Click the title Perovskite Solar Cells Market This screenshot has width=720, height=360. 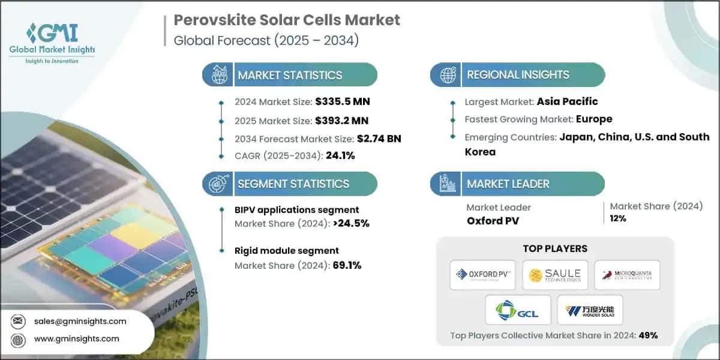pyautogui.click(x=287, y=20)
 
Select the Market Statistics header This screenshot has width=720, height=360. pyautogui.click(x=290, y=75)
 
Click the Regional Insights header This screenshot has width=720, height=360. pyautogui.click(x=518, y=75)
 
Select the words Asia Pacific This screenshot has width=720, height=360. pyautogui.click(x=567, y=101)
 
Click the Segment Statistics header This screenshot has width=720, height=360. pyautogui.click(x=293, y=184)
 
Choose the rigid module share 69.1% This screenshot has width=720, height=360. pyautogui.click(x=347, y=265)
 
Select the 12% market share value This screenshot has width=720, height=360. pyautogui.click(x=618, y=218)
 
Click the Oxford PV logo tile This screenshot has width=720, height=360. pyautogui.click(x=483, y=275)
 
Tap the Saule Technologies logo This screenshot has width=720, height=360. pyautogui.click(x=555, y=275)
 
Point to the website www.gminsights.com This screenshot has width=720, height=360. pyautogui.click(x=76, y=339)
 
